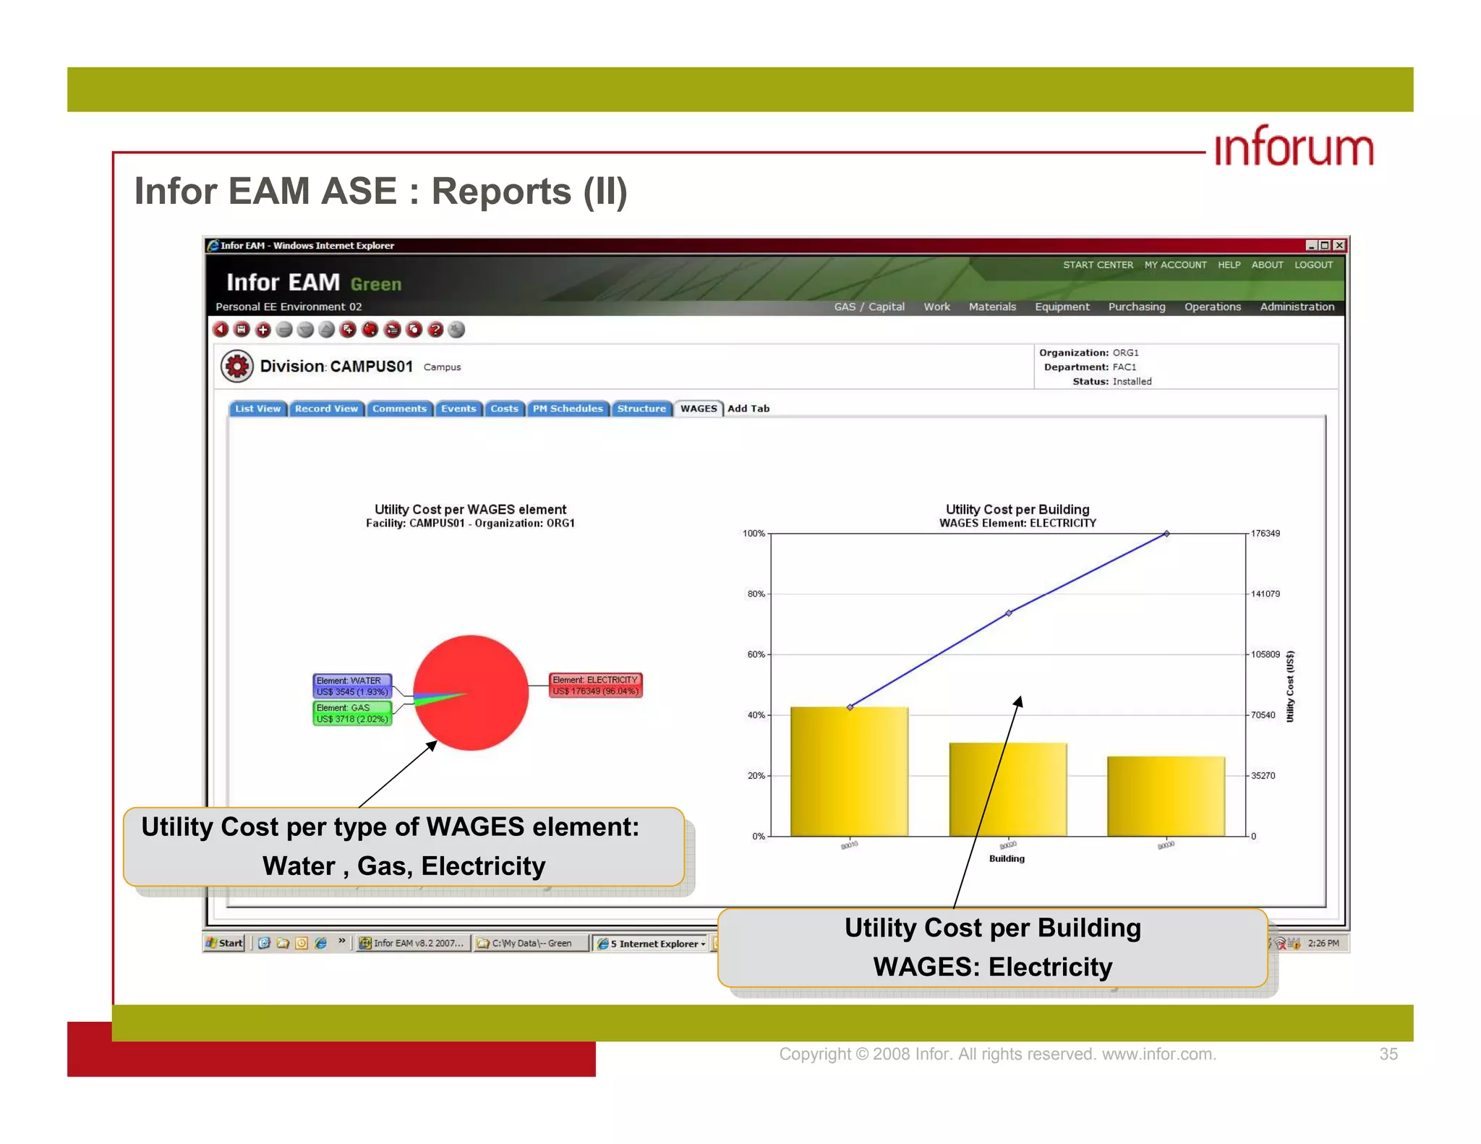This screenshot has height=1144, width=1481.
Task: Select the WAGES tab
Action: click(698, 409)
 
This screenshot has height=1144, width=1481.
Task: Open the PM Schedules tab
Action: click(568, 409)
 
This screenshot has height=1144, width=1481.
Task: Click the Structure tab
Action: click(641, 409)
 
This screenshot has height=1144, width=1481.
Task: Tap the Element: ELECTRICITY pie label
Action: click(595, 685)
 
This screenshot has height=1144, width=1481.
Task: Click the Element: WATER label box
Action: click(352, 686)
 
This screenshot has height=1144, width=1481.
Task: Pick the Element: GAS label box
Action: click(352, 713)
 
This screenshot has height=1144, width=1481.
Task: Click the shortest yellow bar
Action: click(1166, 796)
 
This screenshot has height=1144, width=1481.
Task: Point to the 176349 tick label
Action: click(1266, 534)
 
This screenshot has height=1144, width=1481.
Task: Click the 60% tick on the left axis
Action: click(756, 654)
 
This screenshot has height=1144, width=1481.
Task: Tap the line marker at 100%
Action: click(1166, 534)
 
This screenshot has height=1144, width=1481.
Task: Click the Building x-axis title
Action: click(1007, 858)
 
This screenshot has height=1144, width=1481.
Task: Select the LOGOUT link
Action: click(1313, 265)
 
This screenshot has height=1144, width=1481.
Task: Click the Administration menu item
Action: click(1297, 307)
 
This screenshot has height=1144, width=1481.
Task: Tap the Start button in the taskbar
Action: click(225, 943)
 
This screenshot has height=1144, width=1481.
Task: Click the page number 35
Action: click(1388, 1054)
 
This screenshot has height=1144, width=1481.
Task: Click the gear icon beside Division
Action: click(236, 366)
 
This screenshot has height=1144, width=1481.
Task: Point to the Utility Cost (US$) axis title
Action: click(1289, 686)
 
